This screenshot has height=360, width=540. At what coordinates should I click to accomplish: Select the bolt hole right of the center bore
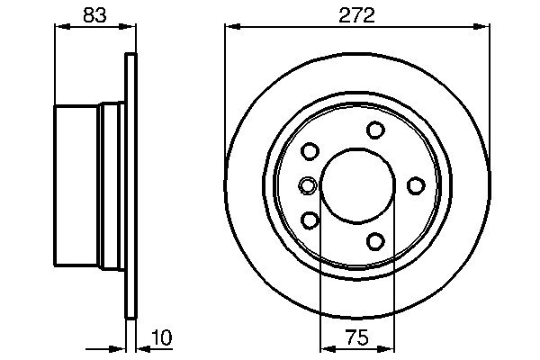pyautogui.click(x=416, y=185)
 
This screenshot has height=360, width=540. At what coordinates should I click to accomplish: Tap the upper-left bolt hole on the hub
pyautogui.click(x=311, y=151)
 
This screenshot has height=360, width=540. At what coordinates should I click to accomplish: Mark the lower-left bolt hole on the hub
pyautogui.click(x=311, y=220)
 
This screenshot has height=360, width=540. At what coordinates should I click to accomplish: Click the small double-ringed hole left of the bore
pyautogui.click(x=307, y=186)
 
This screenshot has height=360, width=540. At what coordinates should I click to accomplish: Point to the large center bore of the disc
pyautogui.click(x=355, y=185)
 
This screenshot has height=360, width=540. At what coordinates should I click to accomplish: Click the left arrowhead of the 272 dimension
pyautogui.click(x=230, y=28)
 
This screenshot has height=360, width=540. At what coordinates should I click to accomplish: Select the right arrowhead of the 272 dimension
pyautogui.click(x=485, y=28)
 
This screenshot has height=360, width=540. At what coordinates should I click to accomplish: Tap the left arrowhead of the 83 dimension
pyautogui.click(x=60, y=28)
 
